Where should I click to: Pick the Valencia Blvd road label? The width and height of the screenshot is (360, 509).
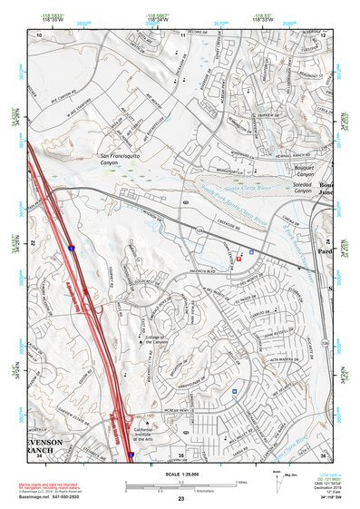(203, 270)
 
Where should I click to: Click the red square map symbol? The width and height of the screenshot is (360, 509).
(239, 259)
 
